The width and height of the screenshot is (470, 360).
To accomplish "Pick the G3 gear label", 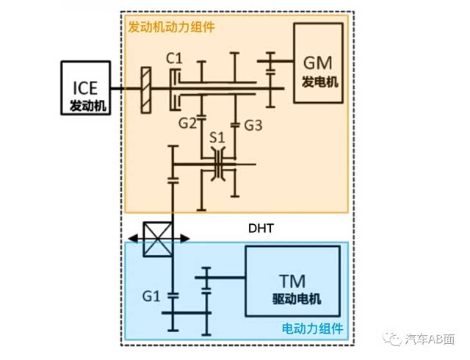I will click(x=253, y=125).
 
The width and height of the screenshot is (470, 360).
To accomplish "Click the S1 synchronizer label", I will click(x=217, y=137).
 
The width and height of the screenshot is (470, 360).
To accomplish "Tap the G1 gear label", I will click(x=152, y=296).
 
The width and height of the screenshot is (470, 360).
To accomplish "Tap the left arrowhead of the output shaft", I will click(x=131, y=238).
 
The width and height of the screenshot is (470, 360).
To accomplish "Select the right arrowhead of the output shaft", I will click(x=187, y=238).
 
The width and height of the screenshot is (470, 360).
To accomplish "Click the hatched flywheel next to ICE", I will click(x=147, y=90).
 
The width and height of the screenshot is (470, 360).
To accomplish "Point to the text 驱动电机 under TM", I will click(x=292, y=300).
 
